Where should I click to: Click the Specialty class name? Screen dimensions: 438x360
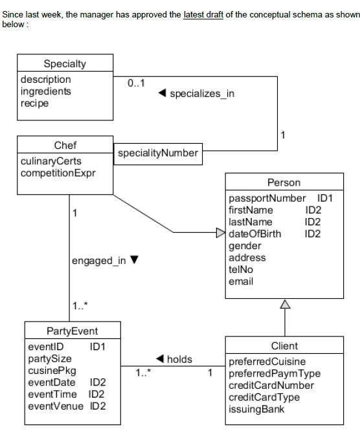point(65,63)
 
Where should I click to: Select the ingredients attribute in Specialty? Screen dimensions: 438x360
point(46,91)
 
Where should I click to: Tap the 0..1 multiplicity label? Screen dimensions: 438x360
point(136,83)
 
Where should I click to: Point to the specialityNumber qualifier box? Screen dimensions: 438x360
point(157,154)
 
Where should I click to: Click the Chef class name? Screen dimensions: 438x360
point(65,145)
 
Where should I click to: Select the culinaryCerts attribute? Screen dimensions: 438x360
point(51,161)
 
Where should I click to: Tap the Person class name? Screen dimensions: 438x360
point(284,182)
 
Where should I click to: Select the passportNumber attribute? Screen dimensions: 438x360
point(267,198)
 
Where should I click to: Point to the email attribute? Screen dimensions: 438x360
point(241,281)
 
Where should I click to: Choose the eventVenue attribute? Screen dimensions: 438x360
point(56,406)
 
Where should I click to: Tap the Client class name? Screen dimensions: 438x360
point(284,345)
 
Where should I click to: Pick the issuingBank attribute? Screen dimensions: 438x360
point(256,410)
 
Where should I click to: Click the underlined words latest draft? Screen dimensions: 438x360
point(203,14)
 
